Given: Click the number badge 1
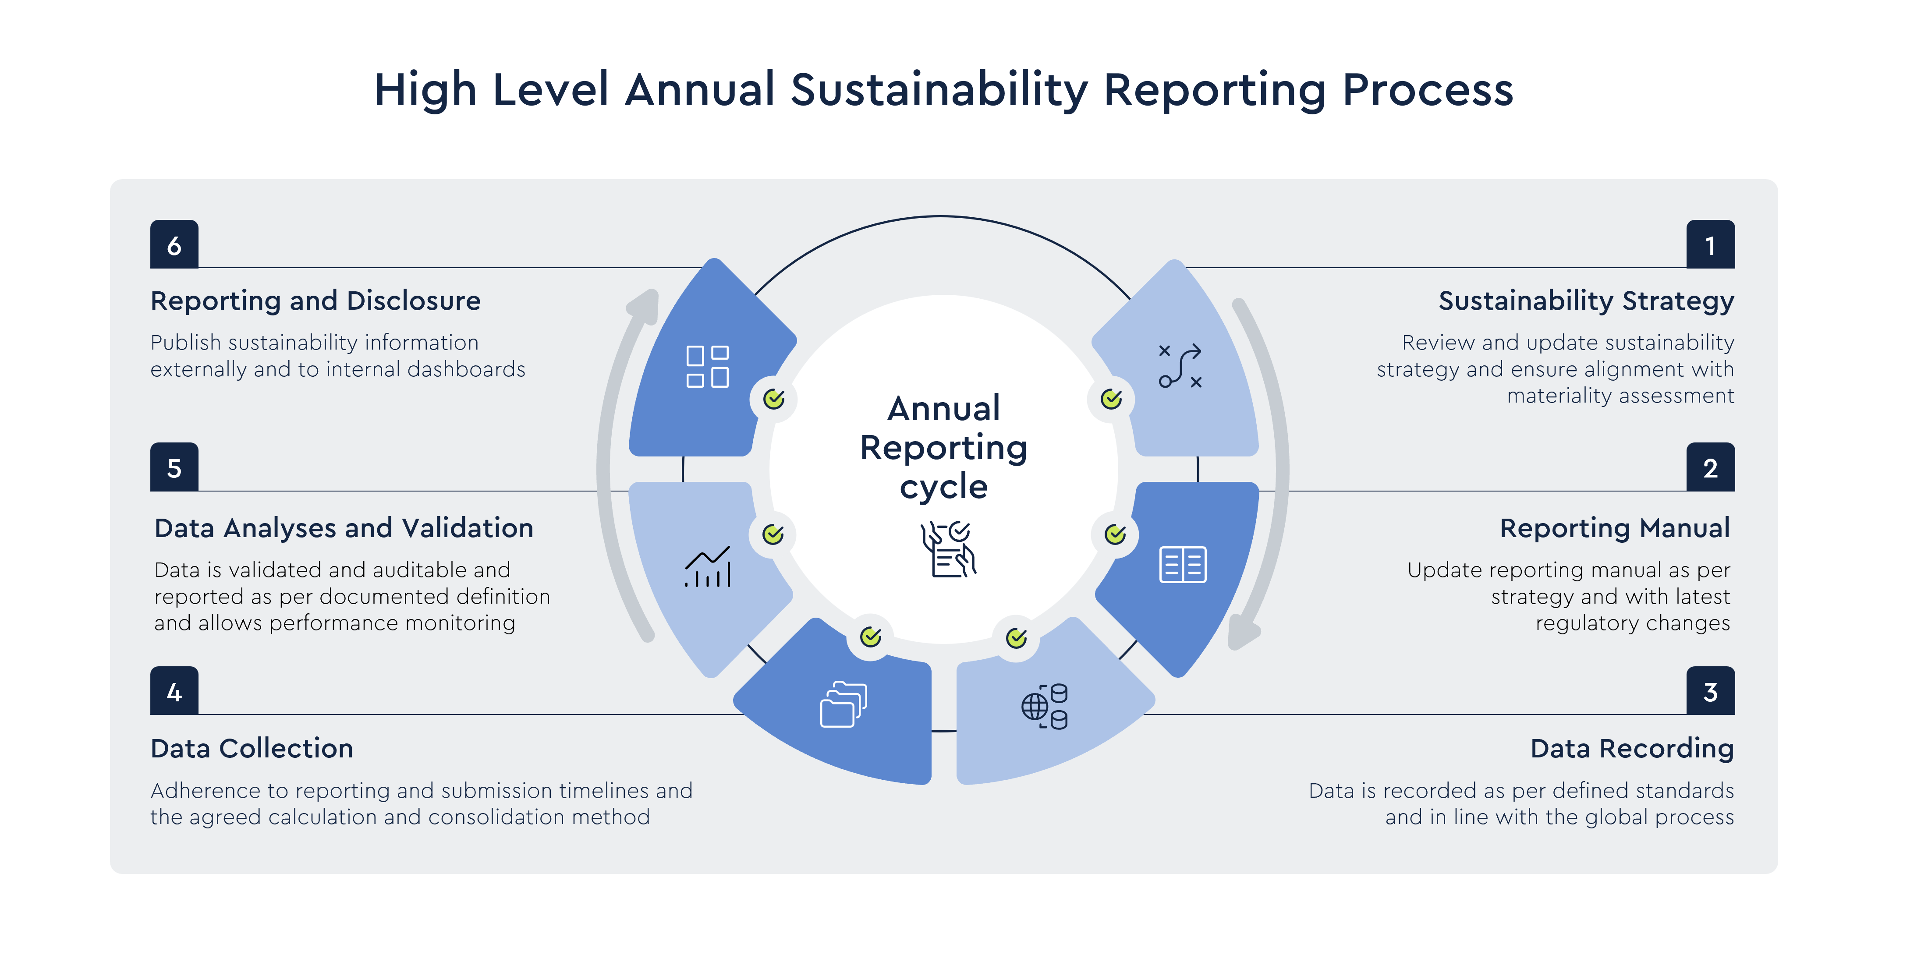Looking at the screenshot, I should [x=1710, y=244].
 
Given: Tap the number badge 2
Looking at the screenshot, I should [x=1710, y=467].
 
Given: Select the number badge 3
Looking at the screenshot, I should [x=1710, y=691].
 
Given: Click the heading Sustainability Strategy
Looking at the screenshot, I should [x=1585, y=301].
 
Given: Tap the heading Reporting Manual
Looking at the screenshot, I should [x=1614, y=528].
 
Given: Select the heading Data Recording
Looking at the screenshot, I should [x=1632, y=748].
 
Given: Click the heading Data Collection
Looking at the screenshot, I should [x=252, y=748].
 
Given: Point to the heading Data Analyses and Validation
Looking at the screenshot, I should [x=344, y=528].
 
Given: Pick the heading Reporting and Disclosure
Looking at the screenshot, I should [x=315, y=301].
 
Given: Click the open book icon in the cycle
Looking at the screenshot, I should [x=1183, y=564].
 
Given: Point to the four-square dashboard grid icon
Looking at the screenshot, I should [x=707, y=367].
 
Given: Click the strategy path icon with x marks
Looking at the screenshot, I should [x=1180, y=366].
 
